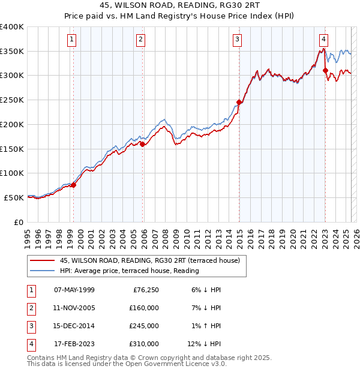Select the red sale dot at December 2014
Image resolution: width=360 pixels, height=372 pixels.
point(239,102)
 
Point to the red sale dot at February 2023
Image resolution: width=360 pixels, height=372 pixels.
point(325,70)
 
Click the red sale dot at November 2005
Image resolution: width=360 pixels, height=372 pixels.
point(143,144)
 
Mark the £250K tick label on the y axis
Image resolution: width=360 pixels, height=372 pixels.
point(12,100)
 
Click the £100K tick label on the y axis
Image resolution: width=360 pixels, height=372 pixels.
point(12,173)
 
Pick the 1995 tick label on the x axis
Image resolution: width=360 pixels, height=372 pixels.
point(27,238)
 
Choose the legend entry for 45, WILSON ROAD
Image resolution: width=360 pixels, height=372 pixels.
point(149,260)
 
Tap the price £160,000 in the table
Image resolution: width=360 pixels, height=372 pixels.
point(143,308)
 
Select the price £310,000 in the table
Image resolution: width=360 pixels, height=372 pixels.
point(143,344)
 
